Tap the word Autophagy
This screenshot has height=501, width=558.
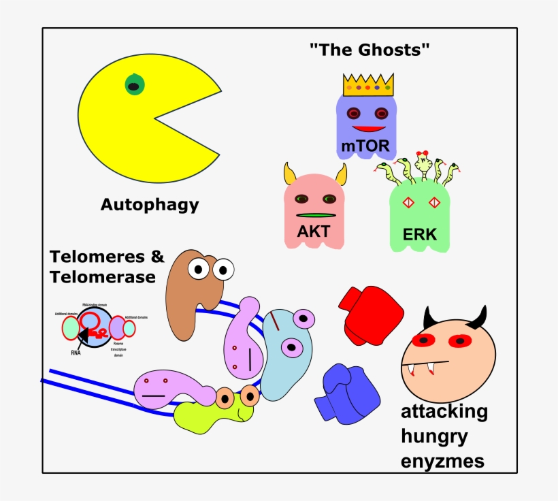click(x=150, y=204)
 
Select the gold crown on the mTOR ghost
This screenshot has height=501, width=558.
click(x=368, y=86)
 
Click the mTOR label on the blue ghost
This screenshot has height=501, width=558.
click(x=365, y=146)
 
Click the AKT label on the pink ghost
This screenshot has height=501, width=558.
click(x=314, y=231)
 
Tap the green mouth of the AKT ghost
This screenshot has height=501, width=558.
click(x=314, y=215)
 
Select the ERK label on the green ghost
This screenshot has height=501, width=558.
click(x=419, y=235)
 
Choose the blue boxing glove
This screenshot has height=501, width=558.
click(x=347, y=393)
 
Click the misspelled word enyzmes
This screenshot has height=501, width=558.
click(x=442, y=461)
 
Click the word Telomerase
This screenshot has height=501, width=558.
click(x=102, y=277)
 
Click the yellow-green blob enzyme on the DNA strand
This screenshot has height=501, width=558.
click(x=204, y=415)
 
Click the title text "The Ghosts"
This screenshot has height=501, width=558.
click(x=370, y=50)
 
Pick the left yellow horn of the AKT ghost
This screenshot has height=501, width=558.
click(x=290, y=175)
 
